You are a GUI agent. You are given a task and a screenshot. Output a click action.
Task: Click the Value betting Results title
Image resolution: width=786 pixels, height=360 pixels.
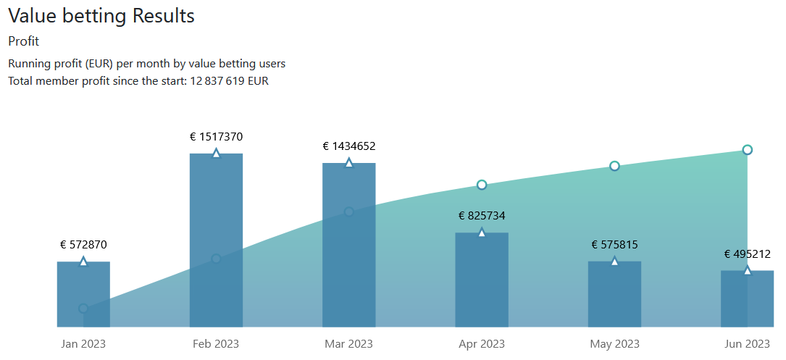101,16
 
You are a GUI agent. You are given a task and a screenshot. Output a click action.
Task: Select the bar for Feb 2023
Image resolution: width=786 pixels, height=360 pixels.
216,240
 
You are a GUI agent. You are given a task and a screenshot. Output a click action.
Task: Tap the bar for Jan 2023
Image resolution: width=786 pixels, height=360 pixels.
83,294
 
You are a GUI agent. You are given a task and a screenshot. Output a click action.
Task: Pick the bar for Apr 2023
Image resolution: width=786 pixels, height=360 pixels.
482,280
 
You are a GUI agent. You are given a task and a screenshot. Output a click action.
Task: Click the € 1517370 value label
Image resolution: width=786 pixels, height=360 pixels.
216,136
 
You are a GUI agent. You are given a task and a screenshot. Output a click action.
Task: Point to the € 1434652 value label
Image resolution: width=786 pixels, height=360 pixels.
348,146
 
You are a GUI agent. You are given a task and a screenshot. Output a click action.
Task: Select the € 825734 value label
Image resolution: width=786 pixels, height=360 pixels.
482,216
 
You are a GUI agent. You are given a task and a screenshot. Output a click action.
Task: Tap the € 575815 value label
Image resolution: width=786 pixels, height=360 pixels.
614,245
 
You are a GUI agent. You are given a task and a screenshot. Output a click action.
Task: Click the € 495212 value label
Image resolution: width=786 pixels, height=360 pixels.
747,254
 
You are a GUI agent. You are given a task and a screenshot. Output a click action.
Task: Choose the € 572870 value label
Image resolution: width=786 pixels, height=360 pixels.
83,245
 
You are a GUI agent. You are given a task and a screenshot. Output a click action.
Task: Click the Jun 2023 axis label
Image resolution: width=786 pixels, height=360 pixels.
747,343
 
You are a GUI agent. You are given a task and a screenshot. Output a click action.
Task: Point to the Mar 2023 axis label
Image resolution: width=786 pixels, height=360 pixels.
348,343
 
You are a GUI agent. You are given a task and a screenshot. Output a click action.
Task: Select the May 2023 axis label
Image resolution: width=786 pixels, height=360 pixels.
614,343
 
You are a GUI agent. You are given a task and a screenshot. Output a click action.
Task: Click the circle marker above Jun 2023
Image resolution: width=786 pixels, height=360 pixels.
748,150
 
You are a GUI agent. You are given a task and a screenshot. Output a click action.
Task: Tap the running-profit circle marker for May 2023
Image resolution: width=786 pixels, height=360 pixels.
614,166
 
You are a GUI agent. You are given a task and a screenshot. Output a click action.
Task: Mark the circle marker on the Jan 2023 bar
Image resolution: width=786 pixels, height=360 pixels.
83,309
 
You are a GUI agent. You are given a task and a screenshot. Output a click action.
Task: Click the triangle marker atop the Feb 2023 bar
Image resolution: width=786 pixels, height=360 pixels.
216,154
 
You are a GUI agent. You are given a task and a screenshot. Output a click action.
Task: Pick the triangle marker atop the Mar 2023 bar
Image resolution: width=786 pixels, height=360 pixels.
348,163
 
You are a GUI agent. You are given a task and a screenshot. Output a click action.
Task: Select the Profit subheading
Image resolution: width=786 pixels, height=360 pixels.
23,41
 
